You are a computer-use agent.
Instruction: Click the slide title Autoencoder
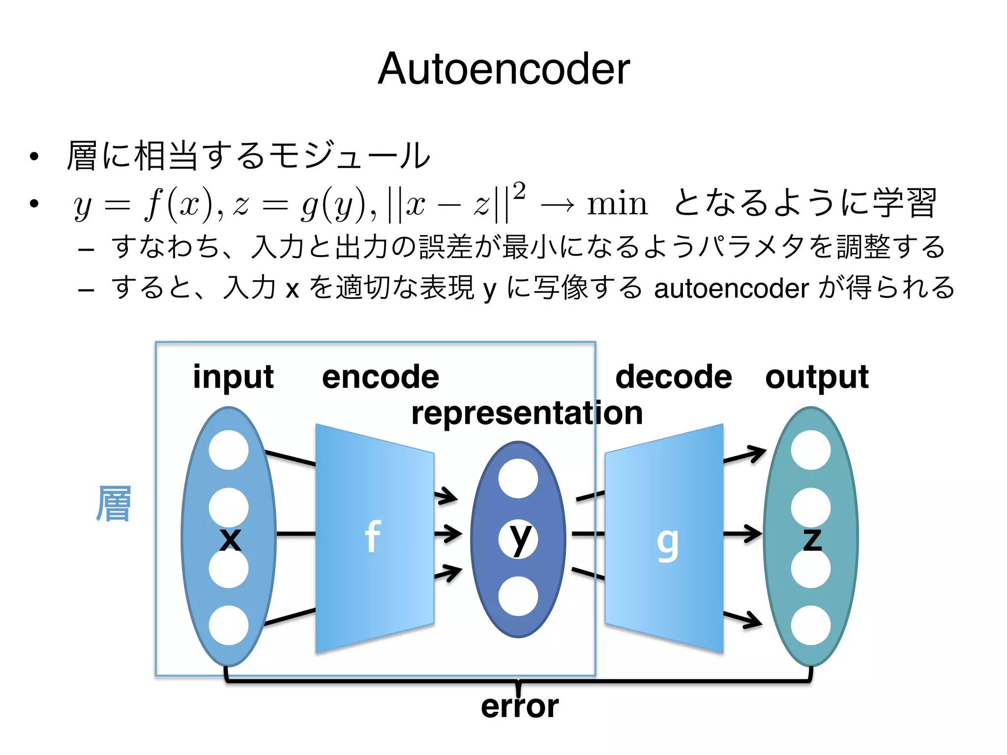[503, 69]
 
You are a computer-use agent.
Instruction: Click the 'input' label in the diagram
[233, 377]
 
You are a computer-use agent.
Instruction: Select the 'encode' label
[380, 377]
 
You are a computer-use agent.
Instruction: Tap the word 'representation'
[527, 413]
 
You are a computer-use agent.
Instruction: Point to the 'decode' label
[674, 377]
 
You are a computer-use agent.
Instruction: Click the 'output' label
[817, 377]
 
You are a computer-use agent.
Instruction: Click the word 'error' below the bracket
[520, 706]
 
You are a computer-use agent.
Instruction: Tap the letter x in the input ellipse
[230, 539]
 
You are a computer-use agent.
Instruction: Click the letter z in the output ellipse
[812, 539]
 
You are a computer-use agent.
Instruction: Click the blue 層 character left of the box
[114, 503]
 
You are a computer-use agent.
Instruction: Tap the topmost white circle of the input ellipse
[229, 450]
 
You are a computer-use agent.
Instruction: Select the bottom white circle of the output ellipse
[810, 625]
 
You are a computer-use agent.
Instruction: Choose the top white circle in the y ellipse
[518, 479]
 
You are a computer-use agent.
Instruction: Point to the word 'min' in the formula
[617, 203]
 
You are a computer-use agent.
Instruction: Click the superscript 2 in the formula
[519, 191]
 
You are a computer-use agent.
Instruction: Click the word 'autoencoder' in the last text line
[731, 289]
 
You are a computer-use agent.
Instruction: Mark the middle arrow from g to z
[742, 534]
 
